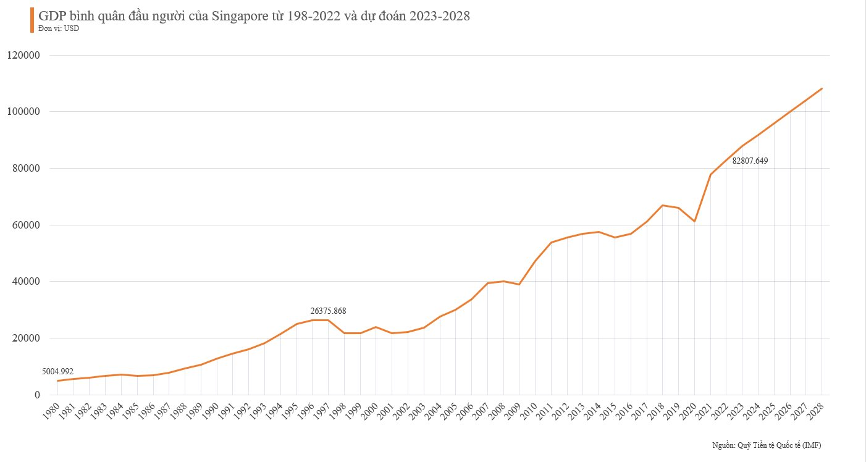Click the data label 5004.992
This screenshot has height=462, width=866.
[57, 371]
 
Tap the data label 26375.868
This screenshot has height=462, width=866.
[328, 311]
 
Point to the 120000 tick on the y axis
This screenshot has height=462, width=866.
[23, 55]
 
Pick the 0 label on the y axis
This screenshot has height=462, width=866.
[37, 395]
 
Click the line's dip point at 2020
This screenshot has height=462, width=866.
[694, 221]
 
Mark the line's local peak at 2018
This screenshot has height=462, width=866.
[662, 205]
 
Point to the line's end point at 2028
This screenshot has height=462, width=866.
[822, 88]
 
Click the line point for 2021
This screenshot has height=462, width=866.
[710, 174]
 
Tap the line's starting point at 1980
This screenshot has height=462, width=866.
[57, 380]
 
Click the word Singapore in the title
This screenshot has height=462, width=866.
[240, 17]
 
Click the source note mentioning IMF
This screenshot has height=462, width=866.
[766, 445]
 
